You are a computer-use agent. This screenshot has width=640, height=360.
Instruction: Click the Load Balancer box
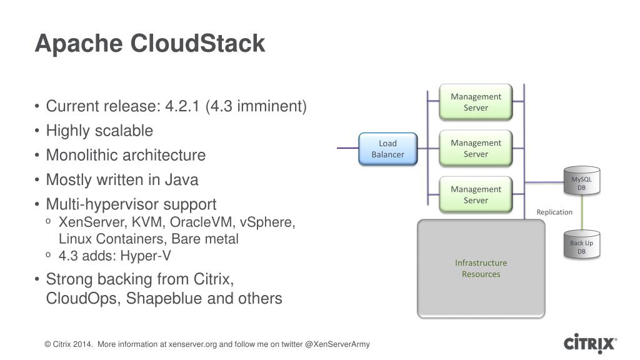[387, 149]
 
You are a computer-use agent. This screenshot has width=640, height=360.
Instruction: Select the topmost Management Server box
[476, 102]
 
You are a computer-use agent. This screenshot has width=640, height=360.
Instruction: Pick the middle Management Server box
[476, 148]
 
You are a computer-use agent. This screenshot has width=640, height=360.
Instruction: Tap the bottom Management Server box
[476, 195]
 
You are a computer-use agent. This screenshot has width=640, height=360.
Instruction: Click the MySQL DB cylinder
[582, 181]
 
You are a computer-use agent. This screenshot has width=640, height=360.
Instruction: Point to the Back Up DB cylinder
[582, 244]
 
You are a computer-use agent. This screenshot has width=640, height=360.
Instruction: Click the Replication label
[554, 212]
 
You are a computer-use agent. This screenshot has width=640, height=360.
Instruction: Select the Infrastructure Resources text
[481, 269]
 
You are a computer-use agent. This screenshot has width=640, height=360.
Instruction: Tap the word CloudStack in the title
[197, 43]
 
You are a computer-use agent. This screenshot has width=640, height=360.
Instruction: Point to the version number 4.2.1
[182, 106]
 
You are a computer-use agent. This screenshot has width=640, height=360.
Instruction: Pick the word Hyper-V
[145, 256]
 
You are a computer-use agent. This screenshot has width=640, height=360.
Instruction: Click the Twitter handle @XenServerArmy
[337, 344]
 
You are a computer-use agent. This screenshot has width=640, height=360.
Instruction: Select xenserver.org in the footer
[192, 344]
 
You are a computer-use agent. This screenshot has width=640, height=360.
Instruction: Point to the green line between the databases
[582, 212]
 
